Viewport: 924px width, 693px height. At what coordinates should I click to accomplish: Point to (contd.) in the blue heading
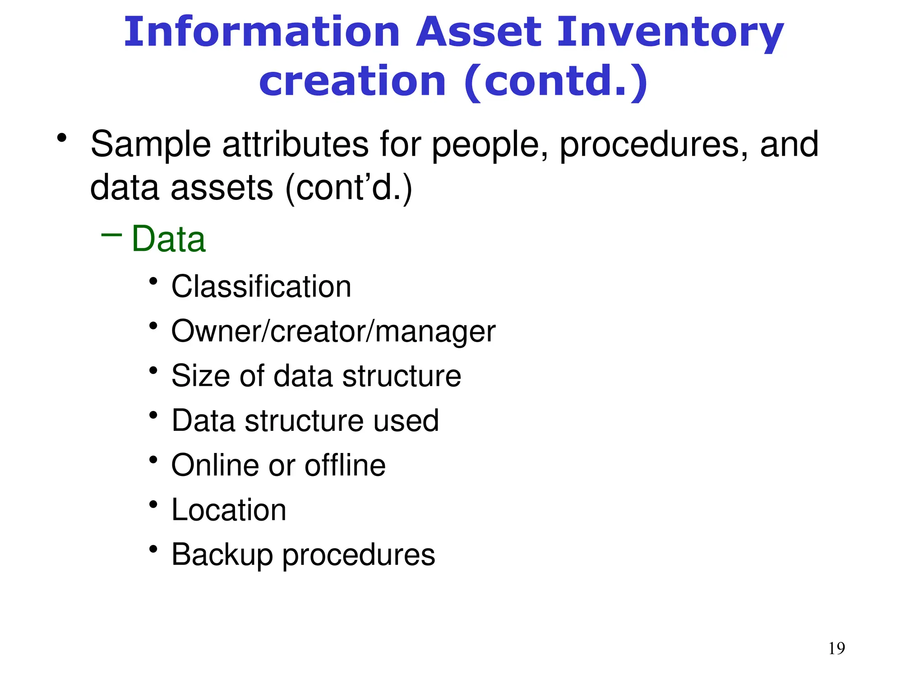556,82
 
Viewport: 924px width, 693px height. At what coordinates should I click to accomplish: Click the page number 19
836,648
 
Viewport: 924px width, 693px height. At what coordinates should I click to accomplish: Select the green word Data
169,239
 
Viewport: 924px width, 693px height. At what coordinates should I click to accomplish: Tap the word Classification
261,286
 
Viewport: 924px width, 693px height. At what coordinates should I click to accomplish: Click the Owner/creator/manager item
333,332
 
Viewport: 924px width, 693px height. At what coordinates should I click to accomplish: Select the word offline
345,465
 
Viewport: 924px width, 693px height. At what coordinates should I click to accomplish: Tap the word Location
229,510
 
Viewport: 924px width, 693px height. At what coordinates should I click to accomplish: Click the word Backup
222,555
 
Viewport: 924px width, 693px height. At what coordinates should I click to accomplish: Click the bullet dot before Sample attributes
62,138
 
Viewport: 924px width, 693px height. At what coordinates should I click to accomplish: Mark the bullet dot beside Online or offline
153,460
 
